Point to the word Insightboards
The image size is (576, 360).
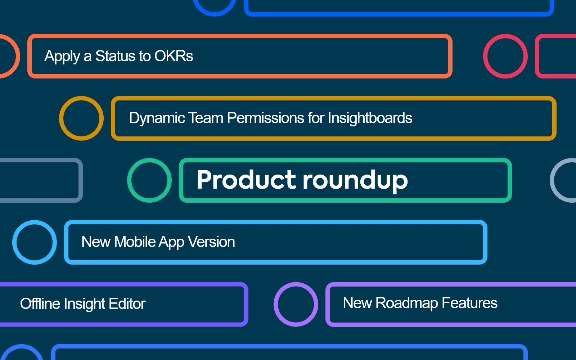tap(370, 118)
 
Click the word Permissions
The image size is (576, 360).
tap(266, 118)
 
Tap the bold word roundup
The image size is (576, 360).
tap(355, 180)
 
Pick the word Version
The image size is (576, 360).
tap(211, 242)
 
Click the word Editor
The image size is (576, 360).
tap(127, 303)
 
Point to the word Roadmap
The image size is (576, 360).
tap(406, 303)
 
